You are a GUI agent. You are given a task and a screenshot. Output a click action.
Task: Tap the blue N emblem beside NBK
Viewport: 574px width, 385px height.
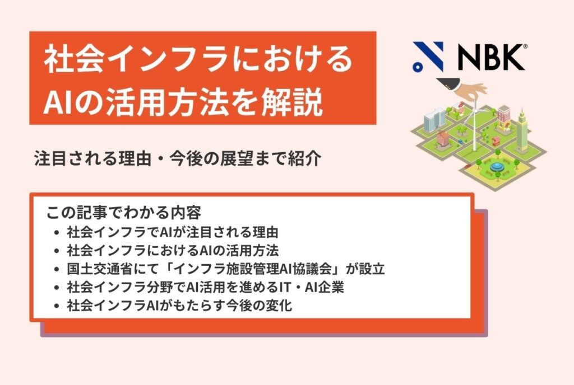tap(428, 57)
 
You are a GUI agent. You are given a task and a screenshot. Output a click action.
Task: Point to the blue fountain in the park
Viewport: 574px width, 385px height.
tap(496, 166)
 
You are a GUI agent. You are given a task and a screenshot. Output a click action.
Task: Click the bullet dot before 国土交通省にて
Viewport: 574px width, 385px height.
tap(57, 269)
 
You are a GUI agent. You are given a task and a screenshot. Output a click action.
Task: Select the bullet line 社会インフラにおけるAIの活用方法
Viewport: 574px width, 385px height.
tap(173, 250)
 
